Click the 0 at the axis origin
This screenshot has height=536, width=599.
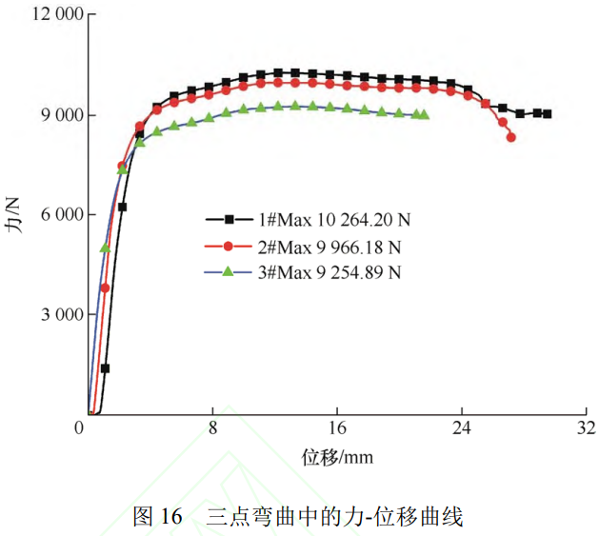click(80, 427)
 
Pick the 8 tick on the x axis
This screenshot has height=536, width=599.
click(213, 427)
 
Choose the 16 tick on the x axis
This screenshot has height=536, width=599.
click(336, 427)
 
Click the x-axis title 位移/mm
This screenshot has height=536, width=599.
click(337, 457)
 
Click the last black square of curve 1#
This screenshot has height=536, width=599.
click(547, 113)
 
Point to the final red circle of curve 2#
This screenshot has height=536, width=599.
click(511, 137)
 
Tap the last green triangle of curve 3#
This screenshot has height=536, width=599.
click(425, 114)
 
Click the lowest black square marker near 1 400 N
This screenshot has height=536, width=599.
click(105, 368)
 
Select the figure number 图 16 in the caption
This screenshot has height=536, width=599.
click(158, 517)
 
